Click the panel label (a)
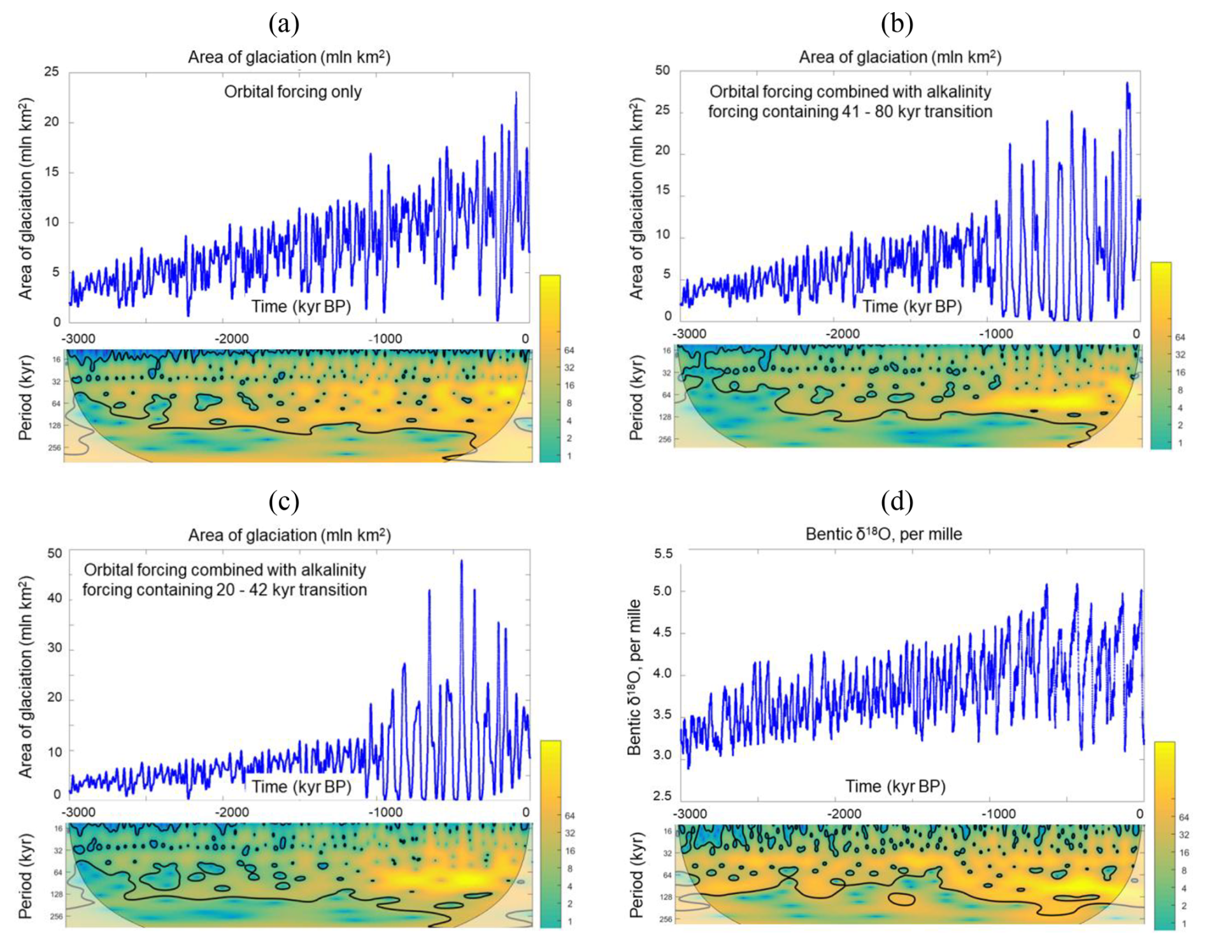(283, 24)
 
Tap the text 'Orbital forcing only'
(293, 92)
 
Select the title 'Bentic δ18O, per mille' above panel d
(883, 534)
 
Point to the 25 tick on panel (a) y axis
(52, 71)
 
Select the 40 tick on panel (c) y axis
(53, 598)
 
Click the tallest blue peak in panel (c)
(462, 561)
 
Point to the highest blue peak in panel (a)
(516, 93)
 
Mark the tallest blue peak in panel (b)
(1127, 83)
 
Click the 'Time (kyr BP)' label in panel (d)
(895, 786)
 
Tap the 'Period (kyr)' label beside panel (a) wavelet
(25, 399)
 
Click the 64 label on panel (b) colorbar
(1180, 337)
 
